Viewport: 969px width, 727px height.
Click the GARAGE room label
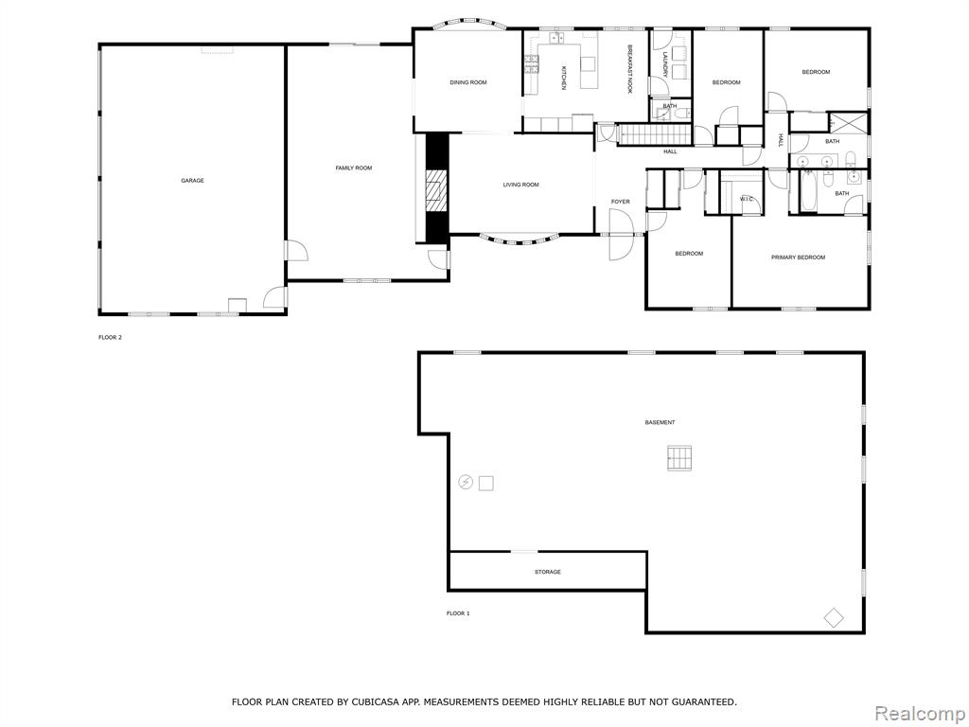click(x=192, y=181)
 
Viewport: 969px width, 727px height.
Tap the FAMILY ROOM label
click(x=354, y=168)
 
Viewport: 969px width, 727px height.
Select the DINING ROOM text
click(x=468, y=82)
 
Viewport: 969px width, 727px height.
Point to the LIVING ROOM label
click(x=521, y=185)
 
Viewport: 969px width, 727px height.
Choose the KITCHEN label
click(x=563, y=79)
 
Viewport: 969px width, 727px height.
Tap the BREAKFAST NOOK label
click(x=630, y=69)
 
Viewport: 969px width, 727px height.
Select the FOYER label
click(x=621, y=203)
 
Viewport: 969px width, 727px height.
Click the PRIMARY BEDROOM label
click(x=798, y=257)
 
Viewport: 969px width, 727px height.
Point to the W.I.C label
click(x=747, y=199)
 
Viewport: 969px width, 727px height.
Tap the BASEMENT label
click(x=660, y=423)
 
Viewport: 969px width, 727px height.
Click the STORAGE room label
click(x=548, y=573)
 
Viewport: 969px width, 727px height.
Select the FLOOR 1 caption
click(x=458, y=613)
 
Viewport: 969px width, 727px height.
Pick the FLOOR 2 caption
click(x=110, y=338)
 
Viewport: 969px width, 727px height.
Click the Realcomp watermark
click(x=920, y=714)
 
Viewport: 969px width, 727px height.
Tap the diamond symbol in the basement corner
click(x=834, y=616)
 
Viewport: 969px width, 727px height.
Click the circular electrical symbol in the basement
click(x=466, y=482)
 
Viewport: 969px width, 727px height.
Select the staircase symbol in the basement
click(x=679, y=458)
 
